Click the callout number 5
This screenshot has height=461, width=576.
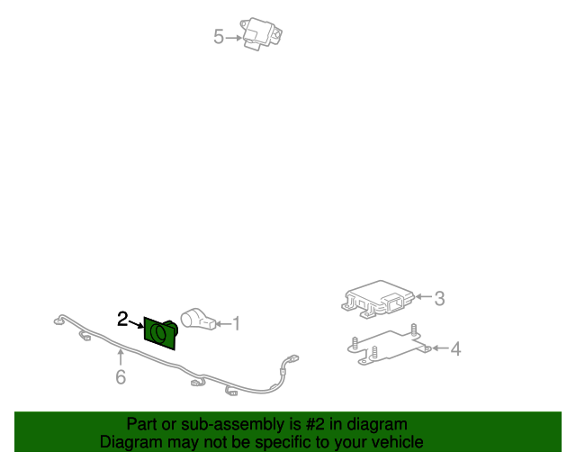218,37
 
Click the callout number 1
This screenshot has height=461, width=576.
236,324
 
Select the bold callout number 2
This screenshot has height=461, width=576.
122,319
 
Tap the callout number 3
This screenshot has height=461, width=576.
439,299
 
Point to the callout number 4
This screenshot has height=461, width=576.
455,348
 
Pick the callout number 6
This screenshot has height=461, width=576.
121,377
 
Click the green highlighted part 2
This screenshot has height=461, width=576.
160,333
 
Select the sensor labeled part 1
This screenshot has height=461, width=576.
198,319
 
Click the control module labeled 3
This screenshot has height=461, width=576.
378,299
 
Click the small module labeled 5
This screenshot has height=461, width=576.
261,34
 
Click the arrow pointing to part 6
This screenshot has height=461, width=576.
121,357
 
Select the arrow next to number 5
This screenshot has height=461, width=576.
234,38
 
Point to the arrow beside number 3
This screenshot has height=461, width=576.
424,296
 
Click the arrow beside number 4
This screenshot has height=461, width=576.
440,348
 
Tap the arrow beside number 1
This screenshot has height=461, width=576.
223,324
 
